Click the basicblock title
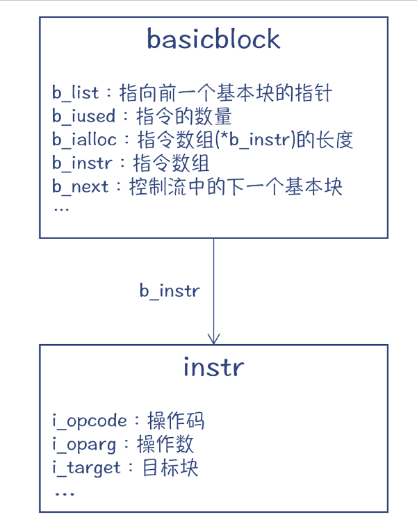tap(213, 39)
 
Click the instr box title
tap(213, 366)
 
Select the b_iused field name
tap(83, 117)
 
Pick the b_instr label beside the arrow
tap(170, 291)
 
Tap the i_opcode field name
tap(90, 420)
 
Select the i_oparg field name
tap(85, 444)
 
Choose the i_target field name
tap(87, 468)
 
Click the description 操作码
tap(176, 420)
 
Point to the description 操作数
tap(165, 444)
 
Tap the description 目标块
tap(170, 468)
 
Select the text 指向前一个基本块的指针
tap(227, 93)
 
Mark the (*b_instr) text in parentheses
tap(251, 140)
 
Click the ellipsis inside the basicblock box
tap(60, 209)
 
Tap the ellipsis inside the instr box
tap(64, 492)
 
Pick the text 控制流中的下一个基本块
tap(236, 187)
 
